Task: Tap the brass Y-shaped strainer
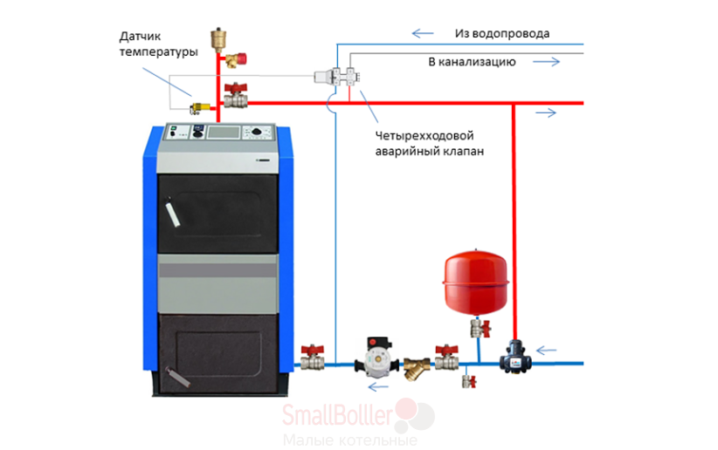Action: pyautogui.click(x=417, y=368)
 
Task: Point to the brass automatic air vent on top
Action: pyautogui.click(x=218, y=38)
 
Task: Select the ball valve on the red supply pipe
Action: pyautogui.click(x=235, y=96)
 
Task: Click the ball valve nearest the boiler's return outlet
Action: pyautogui.click(x=313, y=358)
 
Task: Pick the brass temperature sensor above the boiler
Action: pyautogui.click(x=200, y=109)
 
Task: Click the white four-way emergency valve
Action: pyautogui.click(x=336, y=76)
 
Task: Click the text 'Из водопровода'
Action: pyautogui.click(x=502, y=33)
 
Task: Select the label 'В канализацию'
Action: pyautogui.click(x=472, y=62)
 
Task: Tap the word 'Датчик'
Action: pyautogui.click(x=140, y=37)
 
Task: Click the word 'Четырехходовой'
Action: pyautogui.click(x=425, y=136)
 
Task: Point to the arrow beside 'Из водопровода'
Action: pyautogui.click(x=423, y=33)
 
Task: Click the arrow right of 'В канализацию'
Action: pyautogui.click(x=546, y=62)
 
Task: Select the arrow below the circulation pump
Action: pyautogui.click(x=378, y=387)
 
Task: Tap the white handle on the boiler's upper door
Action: pyautogui.click(x=172, y=212)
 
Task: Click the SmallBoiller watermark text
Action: pyautogui.click(x=337, y=415)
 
